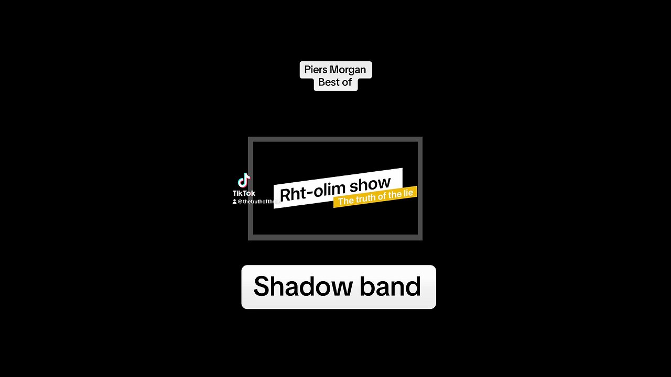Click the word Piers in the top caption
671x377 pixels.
tap(316, 70)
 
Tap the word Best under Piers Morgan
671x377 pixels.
tap(328, 83)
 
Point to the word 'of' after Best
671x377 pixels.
tap(347, 83)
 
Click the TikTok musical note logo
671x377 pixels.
tap(244, 181)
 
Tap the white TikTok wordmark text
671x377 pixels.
tap(244, 194)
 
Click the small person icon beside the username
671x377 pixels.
tap(235, 202)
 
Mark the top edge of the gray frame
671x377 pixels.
tap(335, 139)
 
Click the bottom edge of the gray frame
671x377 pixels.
tap(335, 238)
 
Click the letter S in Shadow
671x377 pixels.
tap(262, 286)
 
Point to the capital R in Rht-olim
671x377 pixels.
tap(285, 195)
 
